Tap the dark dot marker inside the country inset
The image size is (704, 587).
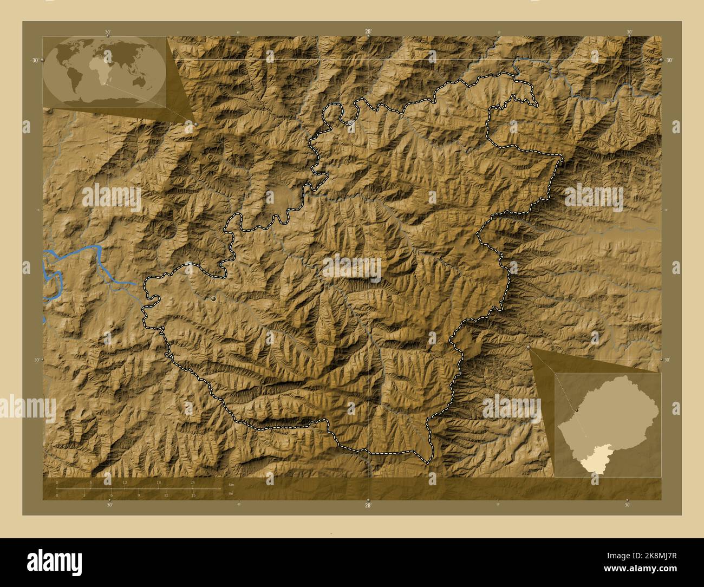(577, 411)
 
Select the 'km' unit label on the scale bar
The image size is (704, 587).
(231, 484)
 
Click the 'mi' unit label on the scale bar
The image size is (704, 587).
(231, 494)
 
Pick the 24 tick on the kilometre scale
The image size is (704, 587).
(192, 482)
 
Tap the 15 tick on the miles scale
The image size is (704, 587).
(193, 495)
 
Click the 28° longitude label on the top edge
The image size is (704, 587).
(368, 31)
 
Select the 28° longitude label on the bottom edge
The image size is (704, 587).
(368, 505)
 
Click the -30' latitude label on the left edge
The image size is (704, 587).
(34, 61)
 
